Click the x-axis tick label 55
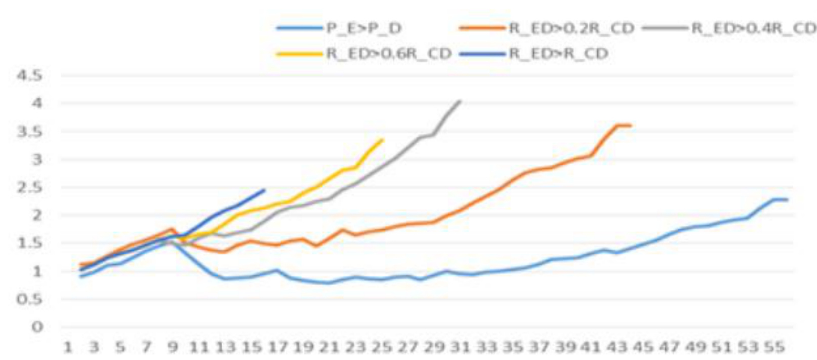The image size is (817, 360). pyautogui.click(x=773, y=347)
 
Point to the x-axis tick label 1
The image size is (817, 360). pyautogui.click(x=67, y=347)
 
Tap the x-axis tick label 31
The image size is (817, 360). pyautogui.click(x=460, y=347)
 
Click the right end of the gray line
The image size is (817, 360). pyautogui.click(x=460, y=101)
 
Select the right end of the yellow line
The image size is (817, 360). pyautogui.click(x=382, y=139)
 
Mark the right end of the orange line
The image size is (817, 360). pyautogui.click(x=630, y=125)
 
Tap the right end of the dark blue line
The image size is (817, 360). pyautogui.click(x=264, y=190)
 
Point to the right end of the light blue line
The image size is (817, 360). pyautogui.click(x=787, y=199)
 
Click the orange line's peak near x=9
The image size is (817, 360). pyautogui.click(x=172, y=229)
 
